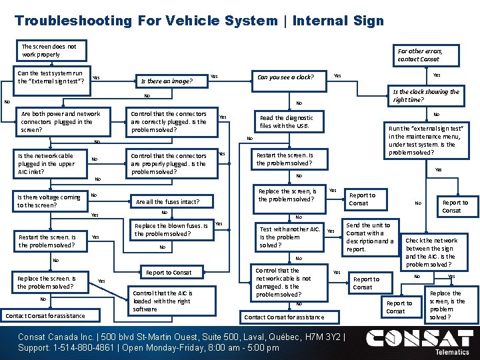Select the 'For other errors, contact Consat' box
(x=419, y=55)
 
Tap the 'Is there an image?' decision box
(x=167, y=82)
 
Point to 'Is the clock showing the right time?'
(x=425, y=95)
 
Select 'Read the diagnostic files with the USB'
(x=287, y=122)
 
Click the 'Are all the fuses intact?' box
(x=167, y=201)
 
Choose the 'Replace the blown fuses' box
(x=171, y=230)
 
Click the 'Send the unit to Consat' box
(x=369, y=237)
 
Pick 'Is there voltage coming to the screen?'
(x=50, y=201)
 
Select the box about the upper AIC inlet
(x=47, y=163)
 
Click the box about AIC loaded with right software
(x=163, y=301)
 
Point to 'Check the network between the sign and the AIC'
(x=431, y=252)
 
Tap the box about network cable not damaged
(x=283, y=283)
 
